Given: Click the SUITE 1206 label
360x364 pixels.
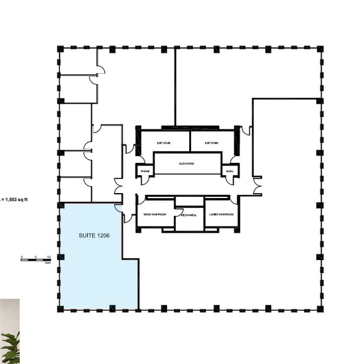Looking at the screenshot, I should click(x=94, y=236).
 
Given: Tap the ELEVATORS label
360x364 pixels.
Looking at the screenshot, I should click(x=187, y=164).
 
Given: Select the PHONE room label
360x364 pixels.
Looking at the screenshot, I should click(x=145, y=171).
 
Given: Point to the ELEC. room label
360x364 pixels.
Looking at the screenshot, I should click(x=229, y=171).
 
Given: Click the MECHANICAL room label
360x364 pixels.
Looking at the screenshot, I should click(x=189, y=215).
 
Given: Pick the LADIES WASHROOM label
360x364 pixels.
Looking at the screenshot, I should click(x=222, y=215).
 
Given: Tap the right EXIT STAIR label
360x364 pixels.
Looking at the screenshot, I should click(x=212, y=143).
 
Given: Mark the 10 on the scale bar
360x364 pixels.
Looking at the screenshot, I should click(x=48, y=256).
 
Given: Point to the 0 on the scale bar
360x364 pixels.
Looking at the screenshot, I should click(x=22, y=256).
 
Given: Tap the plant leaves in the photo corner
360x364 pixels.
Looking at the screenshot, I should click(x=11, y=347).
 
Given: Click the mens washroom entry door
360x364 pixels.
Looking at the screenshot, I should click(x=142, y=199).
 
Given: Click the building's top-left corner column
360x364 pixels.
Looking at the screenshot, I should click(x=60, y=48).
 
